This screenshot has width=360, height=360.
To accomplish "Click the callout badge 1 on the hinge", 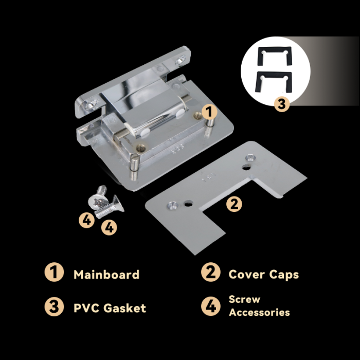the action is (209, 112).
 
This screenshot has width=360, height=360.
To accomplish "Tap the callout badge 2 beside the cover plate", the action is (234, 204).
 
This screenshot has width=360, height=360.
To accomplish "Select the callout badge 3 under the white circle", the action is (282, 104).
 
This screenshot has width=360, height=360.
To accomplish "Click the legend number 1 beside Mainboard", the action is (54, 272).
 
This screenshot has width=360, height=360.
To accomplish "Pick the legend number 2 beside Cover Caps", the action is (211, 272).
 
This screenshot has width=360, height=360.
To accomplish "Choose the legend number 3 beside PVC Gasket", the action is (54, 307).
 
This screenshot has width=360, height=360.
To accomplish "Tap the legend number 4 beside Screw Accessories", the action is (211, 306).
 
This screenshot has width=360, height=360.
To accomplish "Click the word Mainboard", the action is (106, 275).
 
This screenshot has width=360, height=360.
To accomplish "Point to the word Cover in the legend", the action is (246, 274).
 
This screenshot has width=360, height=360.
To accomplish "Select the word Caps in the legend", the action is (284, 275).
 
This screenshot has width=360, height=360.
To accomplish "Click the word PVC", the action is (86, 308).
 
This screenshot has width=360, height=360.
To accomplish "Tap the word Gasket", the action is (124, 308).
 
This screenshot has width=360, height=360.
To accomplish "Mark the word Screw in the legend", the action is (244, 299).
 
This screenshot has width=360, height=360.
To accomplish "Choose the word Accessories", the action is (259, 313).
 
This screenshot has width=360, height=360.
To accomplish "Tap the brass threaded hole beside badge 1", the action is (196, 116).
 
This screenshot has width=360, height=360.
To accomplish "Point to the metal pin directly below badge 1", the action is (210, 122).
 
